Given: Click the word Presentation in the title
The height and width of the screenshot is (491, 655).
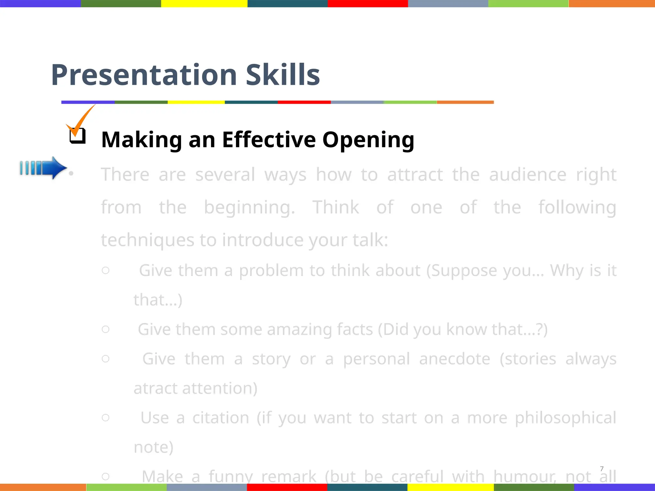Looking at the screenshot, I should [144, 75].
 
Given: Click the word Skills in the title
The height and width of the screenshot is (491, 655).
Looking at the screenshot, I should [283, 75].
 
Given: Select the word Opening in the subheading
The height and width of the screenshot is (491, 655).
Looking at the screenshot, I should [368, 140].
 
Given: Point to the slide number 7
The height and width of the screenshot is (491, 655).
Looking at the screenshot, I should [602, 469].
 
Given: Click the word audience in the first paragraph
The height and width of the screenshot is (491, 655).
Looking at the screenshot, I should [528, 175].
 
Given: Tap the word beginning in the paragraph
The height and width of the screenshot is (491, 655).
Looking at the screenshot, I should [249, 208].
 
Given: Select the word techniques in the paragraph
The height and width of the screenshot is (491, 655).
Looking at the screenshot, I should [147, 240].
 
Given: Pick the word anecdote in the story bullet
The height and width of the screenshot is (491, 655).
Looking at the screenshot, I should [454, 359].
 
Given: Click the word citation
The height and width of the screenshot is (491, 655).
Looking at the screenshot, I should [221, 418].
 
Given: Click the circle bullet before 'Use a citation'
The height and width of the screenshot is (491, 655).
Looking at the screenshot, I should [106, 417].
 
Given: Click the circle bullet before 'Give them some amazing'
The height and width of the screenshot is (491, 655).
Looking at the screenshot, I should [106, 329].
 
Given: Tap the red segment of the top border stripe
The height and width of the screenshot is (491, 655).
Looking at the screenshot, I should [368, 4].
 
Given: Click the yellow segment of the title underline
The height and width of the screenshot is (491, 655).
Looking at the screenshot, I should [196, 102].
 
